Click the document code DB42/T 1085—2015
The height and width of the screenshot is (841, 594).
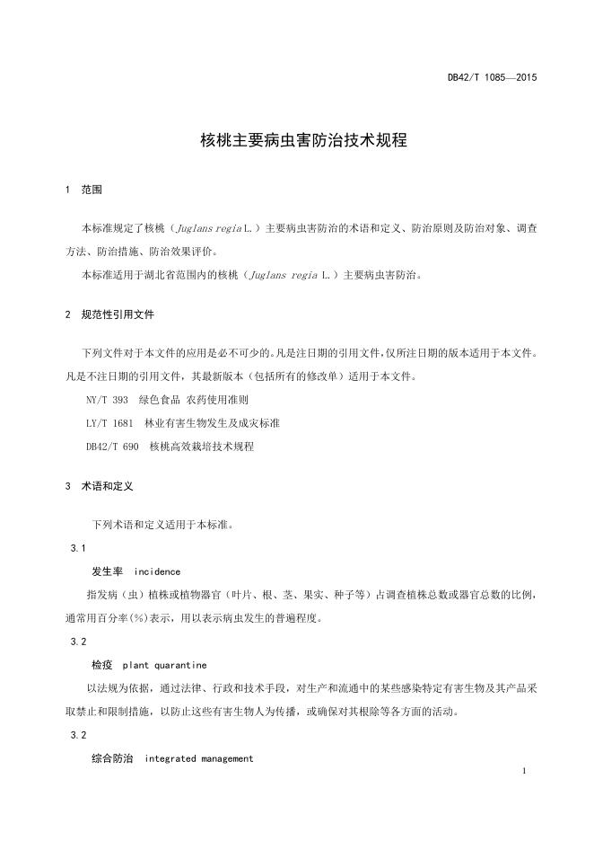tap(492, 78)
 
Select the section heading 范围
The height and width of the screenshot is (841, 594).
tap(92, 190)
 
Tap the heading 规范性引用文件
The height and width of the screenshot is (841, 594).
tap(123, 315)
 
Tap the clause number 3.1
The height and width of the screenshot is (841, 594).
tap(77, 548)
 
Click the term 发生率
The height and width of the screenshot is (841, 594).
tap(107, 571)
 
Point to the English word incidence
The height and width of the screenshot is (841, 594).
tap(157, 571)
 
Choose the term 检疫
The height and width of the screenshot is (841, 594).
tap(102, 665)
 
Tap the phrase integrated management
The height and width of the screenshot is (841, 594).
tap(199, 758)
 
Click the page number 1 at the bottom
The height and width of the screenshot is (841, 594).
tap(522, 772)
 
